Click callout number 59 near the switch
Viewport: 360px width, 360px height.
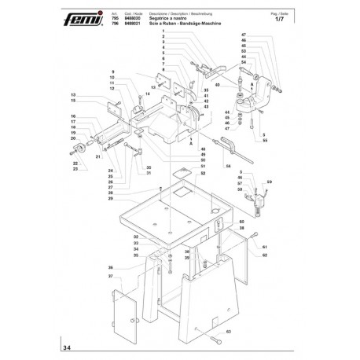point(269,184)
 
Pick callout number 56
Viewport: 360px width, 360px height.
point(228,167)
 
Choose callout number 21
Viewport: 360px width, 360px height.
point(97,157)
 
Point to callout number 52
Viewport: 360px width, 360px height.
point(182,173)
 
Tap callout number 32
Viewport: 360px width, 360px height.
point(136,237)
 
